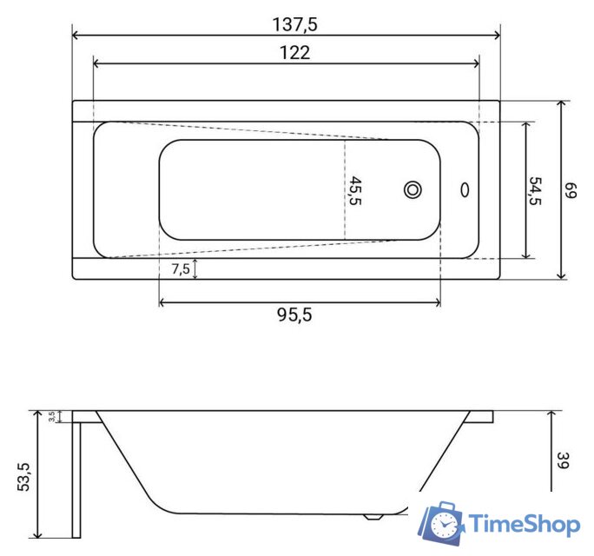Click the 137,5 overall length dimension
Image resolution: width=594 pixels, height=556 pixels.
[295, 24]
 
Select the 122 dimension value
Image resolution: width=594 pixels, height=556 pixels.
[295, 53]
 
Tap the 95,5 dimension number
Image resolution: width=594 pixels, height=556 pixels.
[294, 315]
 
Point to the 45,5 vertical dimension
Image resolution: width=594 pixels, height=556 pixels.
[355, 190]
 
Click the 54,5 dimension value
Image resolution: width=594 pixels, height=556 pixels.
[536, 190]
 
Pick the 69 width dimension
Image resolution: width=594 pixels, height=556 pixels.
[571, 190]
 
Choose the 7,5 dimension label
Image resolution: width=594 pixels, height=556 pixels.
[181, 269]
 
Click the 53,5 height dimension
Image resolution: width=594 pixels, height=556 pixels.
[24, 477]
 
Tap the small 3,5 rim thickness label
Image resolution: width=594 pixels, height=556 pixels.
[53, 417]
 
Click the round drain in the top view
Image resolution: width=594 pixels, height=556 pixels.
[412, 189]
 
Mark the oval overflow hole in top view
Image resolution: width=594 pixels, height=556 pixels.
[465, 189]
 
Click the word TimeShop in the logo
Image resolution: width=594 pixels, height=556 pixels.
[525, 524]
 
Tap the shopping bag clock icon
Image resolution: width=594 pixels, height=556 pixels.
[442, 523]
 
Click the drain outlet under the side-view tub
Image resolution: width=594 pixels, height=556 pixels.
[375, 516]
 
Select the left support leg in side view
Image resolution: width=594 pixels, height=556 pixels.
[76, 478]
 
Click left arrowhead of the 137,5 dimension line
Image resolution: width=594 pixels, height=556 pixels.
[76, 36]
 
